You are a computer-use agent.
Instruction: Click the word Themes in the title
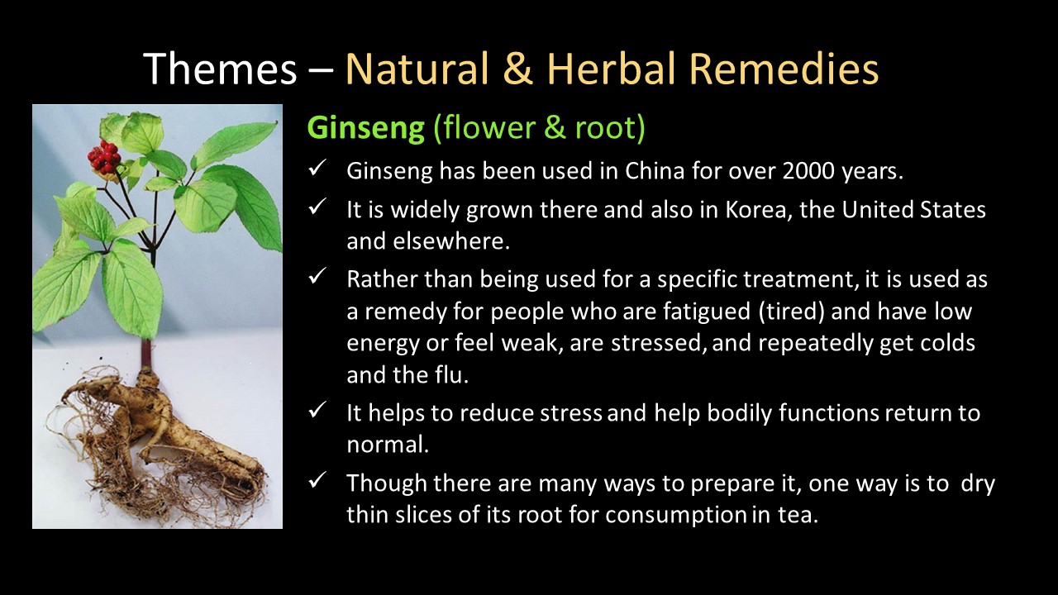pyautogui.click(x=220, y=69)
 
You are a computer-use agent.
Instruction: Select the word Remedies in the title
pyautogui.click(x=784, y=69)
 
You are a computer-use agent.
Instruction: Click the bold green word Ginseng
pyautogui.click(x=366, y=128)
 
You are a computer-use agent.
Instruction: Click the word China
pyautogui.click(x=655, y=171)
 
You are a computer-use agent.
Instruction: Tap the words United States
pyautogui.click(x=913, y=210)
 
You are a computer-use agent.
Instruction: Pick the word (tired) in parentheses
pyautogui.click(x=791, y=312)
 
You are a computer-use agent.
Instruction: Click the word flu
pyautogui.click(x=451, y=375)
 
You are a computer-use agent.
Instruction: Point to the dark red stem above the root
pyautogui.click(x=146, y=355)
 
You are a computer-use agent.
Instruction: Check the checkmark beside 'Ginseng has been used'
pyautogui.click(x=317, y=168)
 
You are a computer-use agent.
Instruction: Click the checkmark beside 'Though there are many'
pyautogui.click(x=317, y=480)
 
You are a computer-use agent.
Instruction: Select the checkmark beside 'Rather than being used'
pyautogui.click(x=317, y=276)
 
